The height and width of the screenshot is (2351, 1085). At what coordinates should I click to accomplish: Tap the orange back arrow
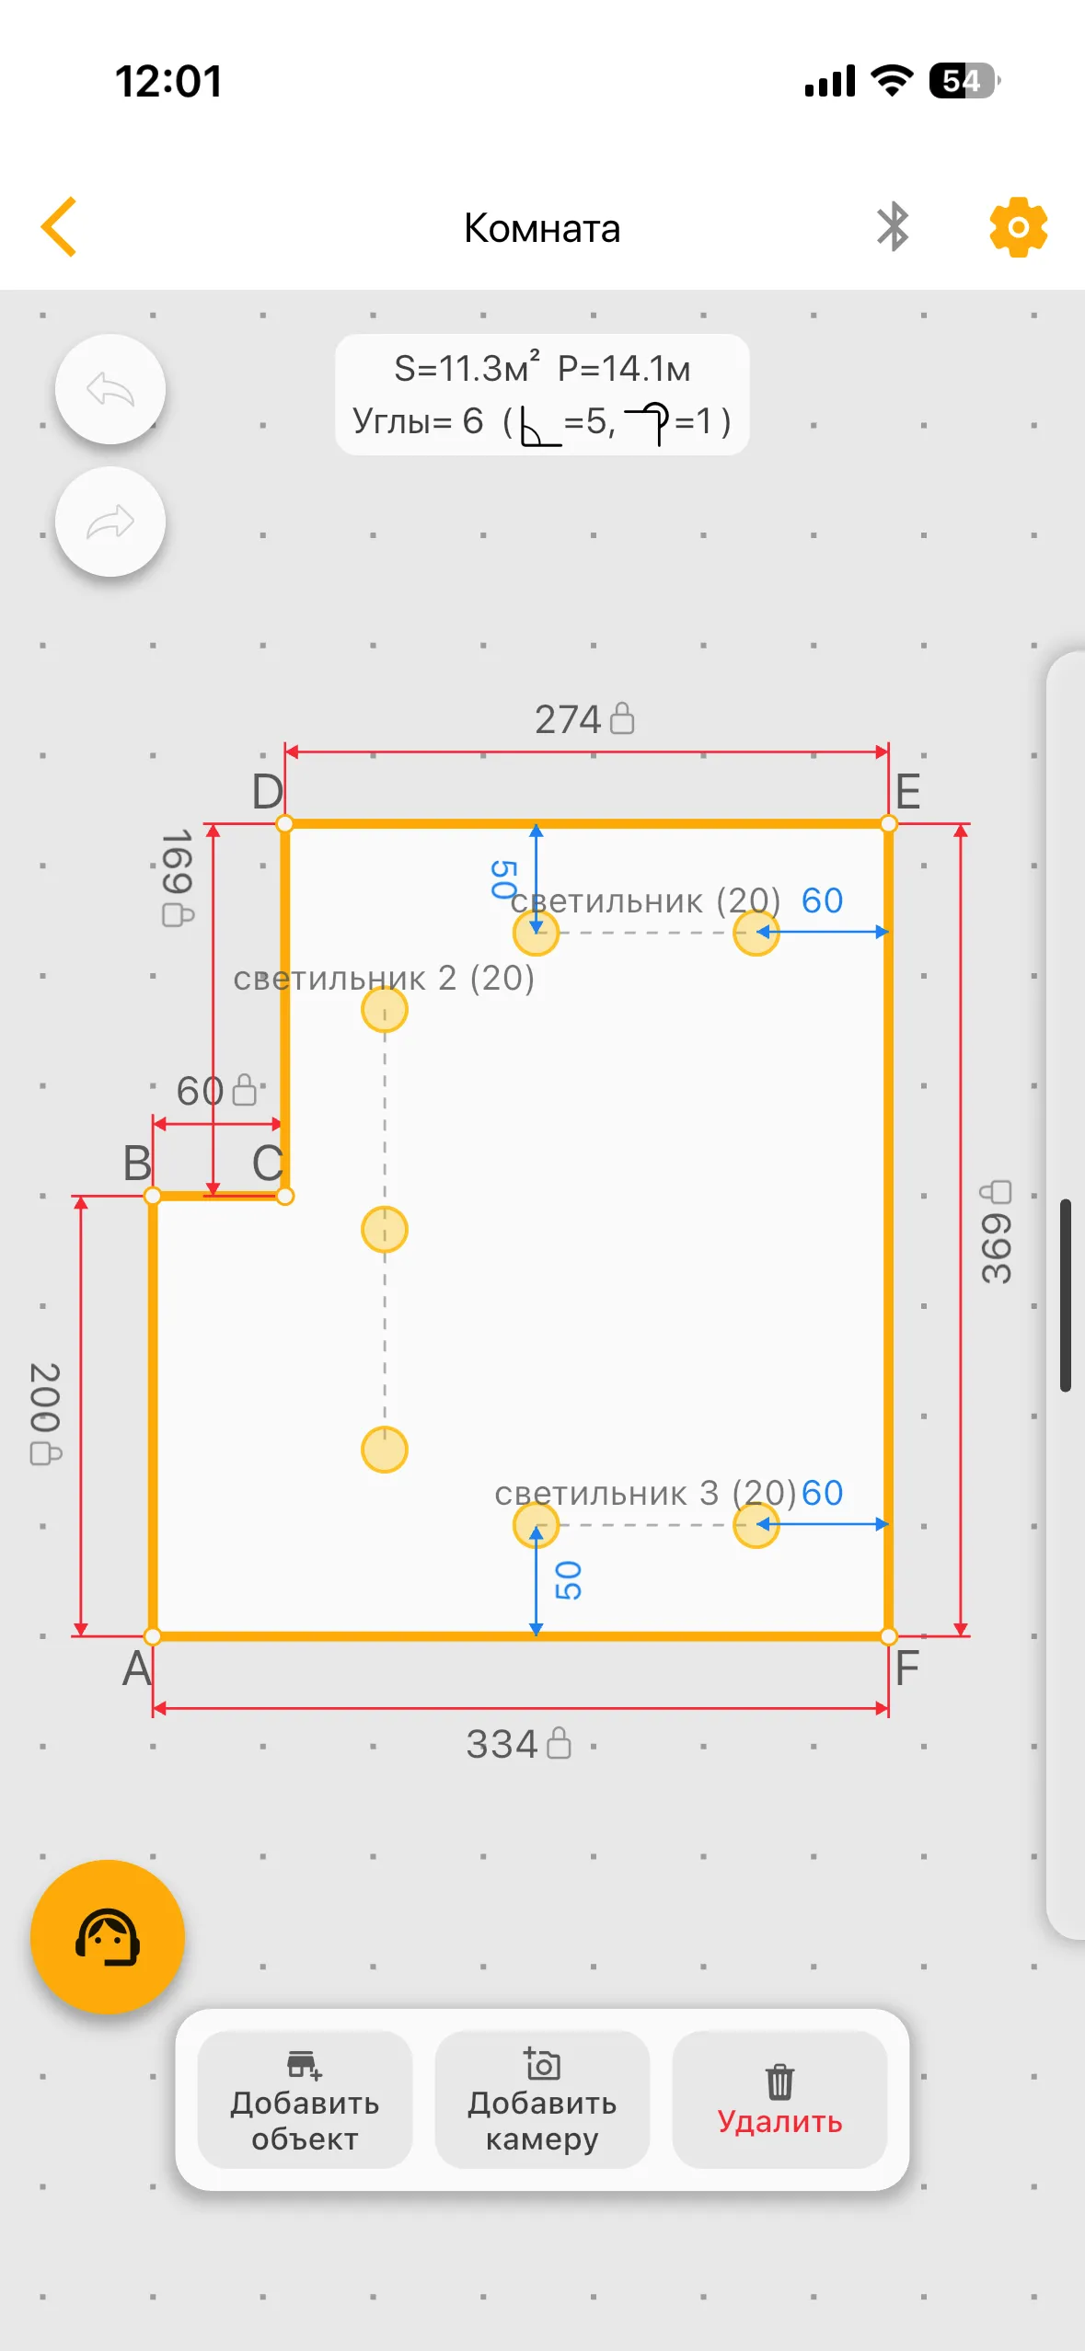click(59, 226)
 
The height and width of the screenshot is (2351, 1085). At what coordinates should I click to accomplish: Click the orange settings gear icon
click(1018, 227)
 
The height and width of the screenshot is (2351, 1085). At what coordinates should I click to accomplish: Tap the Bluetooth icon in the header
click(893, 227)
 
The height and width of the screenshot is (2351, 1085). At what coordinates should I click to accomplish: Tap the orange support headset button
click(108, 1936)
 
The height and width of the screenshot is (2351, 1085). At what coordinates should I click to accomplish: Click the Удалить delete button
click(779, 2100)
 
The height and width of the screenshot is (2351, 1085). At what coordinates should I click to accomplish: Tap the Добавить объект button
click(305, 2100)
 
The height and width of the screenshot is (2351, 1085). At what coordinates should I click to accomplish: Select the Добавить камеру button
click(542, 2100)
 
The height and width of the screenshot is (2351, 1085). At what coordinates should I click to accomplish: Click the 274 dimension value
click(568, 719)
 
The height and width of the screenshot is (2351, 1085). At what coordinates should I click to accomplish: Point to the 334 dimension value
click(502, 1744)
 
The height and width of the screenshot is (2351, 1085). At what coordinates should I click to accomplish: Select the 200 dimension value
click(45, 1397)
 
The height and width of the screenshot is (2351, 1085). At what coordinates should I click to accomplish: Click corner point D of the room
click(285, 824)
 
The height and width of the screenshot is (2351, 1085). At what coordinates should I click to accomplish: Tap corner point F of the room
click(888, 1636)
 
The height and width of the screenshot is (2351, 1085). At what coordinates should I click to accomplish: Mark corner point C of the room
click(285, 1196)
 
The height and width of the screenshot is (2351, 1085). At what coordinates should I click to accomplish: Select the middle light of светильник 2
click(385, 1230)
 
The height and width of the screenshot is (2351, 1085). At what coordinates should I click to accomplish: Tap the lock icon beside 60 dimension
click(245, 1090)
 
